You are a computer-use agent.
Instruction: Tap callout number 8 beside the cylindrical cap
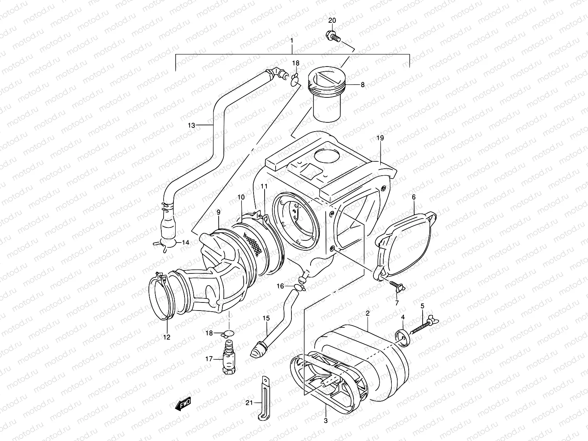coord(362,85)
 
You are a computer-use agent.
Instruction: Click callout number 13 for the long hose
coord(191,125)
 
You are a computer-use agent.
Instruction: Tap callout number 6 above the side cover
coord(413,197)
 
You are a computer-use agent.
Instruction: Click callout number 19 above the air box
coord(380,138)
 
